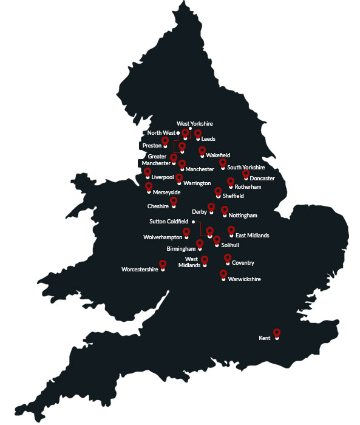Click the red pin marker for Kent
(x=277, y=333)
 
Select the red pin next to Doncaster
(x=246, y=174)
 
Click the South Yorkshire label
(x=246, y=167)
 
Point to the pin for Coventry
(x=228, y=259)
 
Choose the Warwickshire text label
(x=244, y=279)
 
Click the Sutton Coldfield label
(x=169, y=222)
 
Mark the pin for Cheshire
(x=174, y=202)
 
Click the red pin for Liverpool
(x=148, y=172)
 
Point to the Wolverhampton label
(x=162, y=237)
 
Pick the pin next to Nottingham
(x=225, y=211)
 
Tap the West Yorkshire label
(x=194, y=124)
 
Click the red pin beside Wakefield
(x=202, y=151)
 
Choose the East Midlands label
(x=253, y=235)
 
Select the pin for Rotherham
(x=231, y=182)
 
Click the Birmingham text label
(x=181, y=248)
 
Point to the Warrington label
(x=197, y=183)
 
